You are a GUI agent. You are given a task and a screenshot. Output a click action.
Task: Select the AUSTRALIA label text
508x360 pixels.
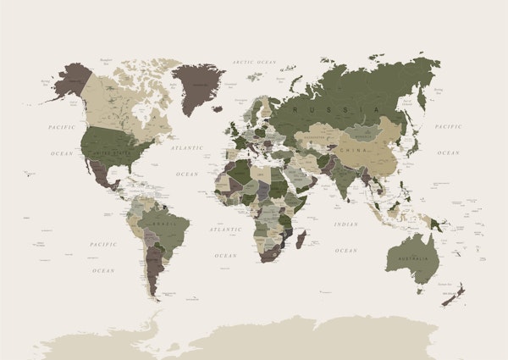click(411, 258)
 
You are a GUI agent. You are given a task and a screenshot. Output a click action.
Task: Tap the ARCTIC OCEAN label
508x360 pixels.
click(255, 62)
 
